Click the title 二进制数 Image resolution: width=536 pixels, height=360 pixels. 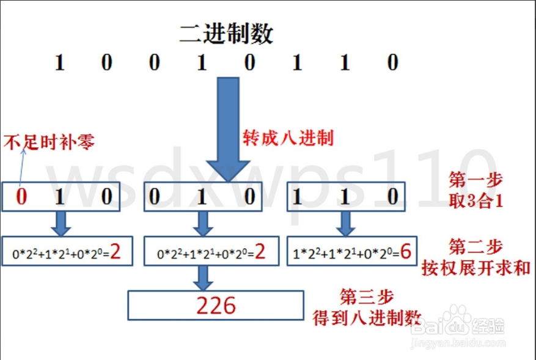226,34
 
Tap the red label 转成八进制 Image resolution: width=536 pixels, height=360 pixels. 288,138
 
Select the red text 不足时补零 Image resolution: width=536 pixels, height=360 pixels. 50,142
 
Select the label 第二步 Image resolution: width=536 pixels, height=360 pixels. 475,247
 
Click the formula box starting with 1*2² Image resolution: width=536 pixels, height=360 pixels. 346,251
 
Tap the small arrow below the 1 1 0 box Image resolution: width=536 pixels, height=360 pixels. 346,223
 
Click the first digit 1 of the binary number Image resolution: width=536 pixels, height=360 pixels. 59,63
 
